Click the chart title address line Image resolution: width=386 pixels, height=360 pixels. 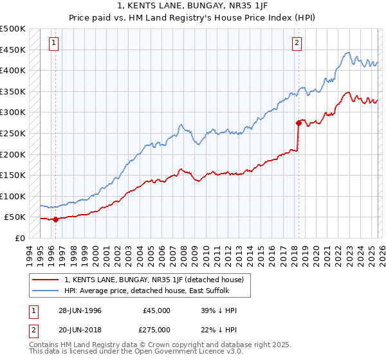(x=193, y=6)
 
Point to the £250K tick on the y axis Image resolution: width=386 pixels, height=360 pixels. (x=14, y=133)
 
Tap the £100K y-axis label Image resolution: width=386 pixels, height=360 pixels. (x=14, y=196)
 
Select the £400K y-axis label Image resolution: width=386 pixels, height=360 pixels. (x=14, y=70)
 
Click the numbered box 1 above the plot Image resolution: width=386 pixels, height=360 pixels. (x=53, y=43)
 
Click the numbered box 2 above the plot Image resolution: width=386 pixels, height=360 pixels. (x=297, y=43)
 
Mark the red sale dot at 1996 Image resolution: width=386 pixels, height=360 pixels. (x=55, y=219)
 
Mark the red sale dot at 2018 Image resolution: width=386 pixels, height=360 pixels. (x=299, y=122)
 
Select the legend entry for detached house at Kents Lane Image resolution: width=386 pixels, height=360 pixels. (x=154, y=280)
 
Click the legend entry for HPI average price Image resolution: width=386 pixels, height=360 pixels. (x=146, y=291)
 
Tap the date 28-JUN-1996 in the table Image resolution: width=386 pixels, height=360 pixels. (x=79, y=310)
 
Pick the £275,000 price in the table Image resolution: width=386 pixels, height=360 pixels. (x=157, y=329)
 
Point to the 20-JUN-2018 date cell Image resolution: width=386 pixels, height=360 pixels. (x=79, y=329)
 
